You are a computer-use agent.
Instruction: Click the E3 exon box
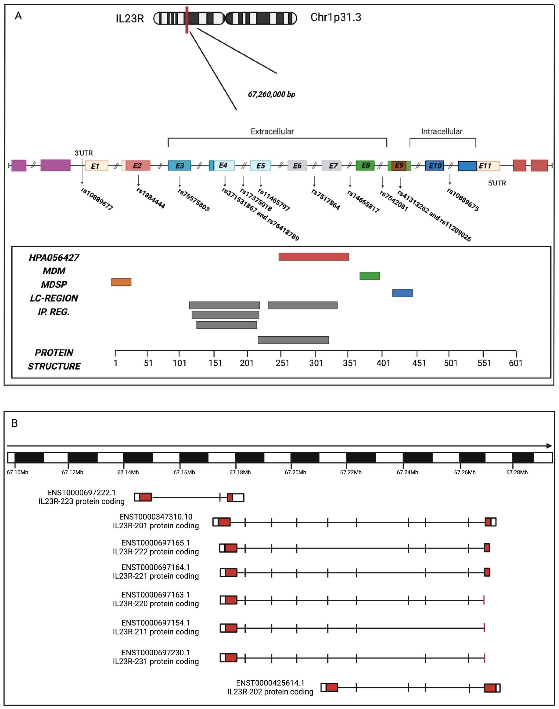179,166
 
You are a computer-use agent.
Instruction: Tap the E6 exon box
297,166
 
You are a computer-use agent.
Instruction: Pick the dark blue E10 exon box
435,166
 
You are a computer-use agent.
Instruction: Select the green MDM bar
369,276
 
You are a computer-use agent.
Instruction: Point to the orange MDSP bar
121,282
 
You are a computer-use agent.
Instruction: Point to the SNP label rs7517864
326,199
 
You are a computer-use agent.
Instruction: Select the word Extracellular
272,131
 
